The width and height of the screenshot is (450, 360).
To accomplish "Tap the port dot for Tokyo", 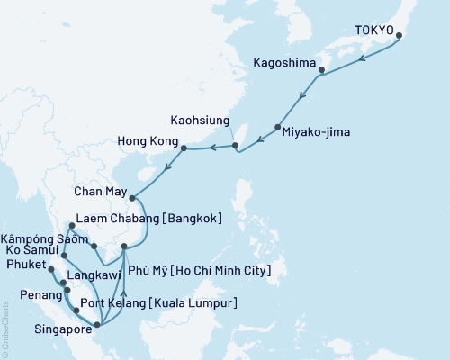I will [x=399, y=37].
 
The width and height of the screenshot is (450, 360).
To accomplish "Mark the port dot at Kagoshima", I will [x=321, y=70].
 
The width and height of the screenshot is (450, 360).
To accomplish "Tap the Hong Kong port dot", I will [x=184, y=148].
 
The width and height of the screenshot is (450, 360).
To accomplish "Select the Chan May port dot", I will [x=131, y=198].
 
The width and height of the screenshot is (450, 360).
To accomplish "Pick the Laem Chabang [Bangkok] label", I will [x=149, y=217].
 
